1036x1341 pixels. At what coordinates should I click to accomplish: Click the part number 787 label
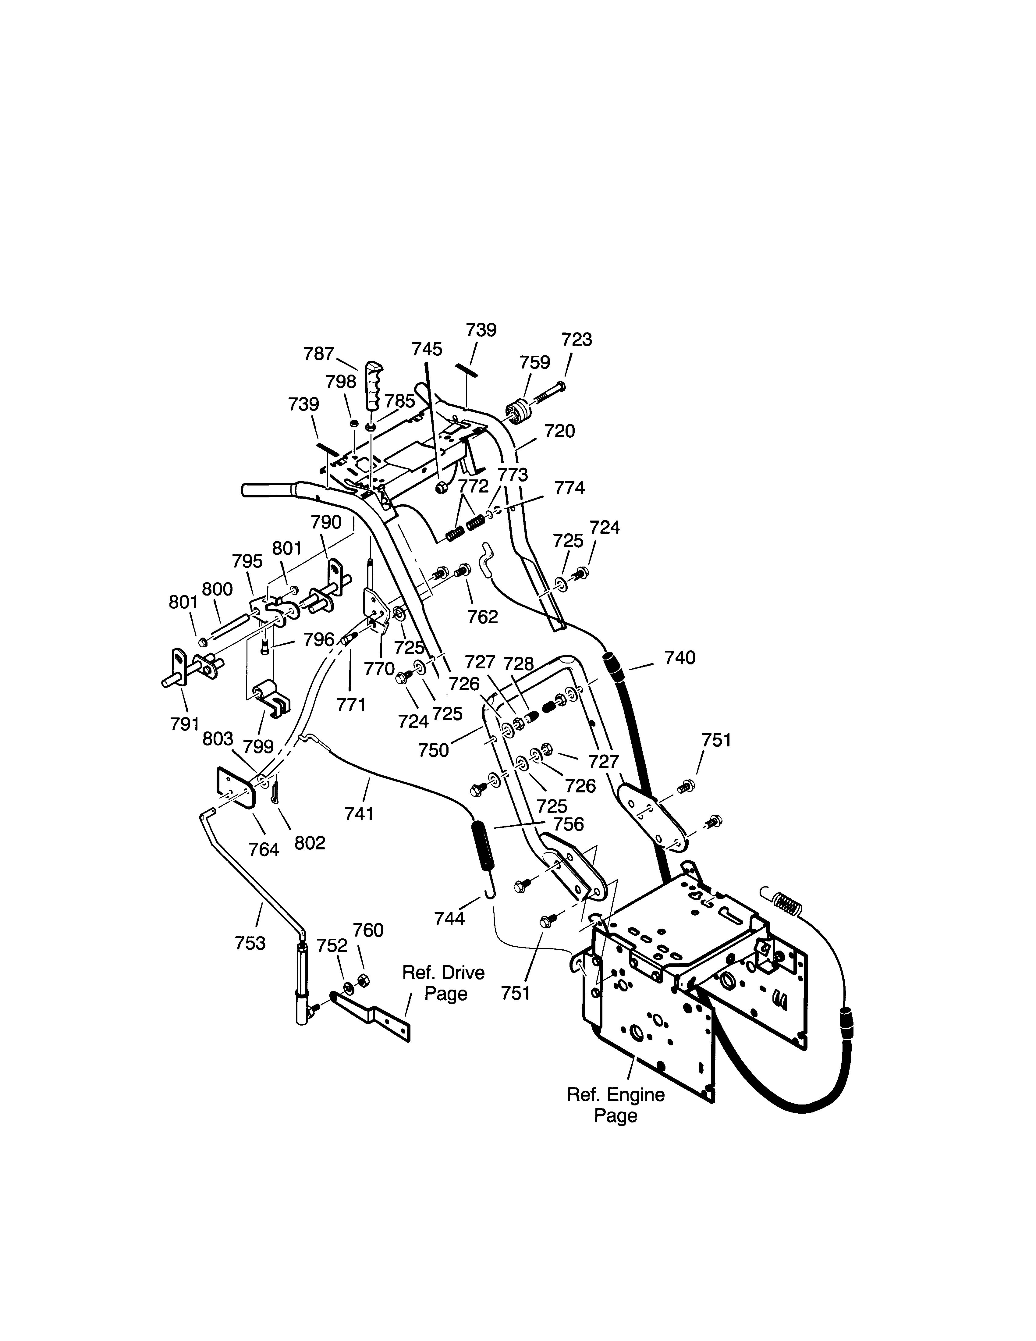point(318,354)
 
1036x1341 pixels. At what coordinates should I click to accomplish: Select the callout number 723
point(577,340)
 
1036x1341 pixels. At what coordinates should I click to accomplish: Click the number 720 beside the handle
point(559,432)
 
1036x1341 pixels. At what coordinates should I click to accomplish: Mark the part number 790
point(326,522)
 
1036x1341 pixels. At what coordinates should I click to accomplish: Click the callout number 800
point(217,589)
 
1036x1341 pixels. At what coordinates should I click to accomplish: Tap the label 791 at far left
point(185,724)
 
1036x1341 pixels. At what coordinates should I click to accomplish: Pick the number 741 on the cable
point(359,814)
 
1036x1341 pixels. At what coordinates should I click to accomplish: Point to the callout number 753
point(250,943)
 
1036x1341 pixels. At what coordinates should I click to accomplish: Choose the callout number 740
point(680,658)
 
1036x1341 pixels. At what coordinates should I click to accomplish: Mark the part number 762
point(483,617)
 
